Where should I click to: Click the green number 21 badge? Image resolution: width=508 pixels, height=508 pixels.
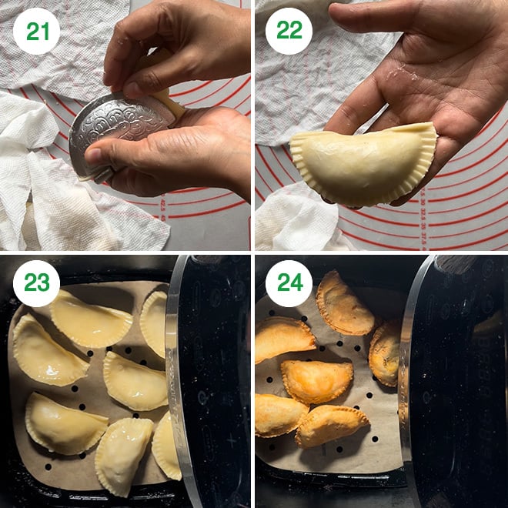coord(37,31)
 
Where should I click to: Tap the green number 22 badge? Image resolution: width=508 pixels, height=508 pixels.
coord(289,31)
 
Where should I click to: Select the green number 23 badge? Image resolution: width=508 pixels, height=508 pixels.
coord(37,283)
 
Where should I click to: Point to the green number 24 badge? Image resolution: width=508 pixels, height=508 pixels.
coord(289,283)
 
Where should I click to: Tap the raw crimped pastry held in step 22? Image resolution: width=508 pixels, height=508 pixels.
coord(363,165)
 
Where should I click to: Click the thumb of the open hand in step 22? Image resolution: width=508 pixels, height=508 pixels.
coord(373,16)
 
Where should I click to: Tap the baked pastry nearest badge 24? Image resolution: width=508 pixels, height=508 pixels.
coord(344,306)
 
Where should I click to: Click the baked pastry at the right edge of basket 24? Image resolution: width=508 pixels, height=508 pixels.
coord(385,353)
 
